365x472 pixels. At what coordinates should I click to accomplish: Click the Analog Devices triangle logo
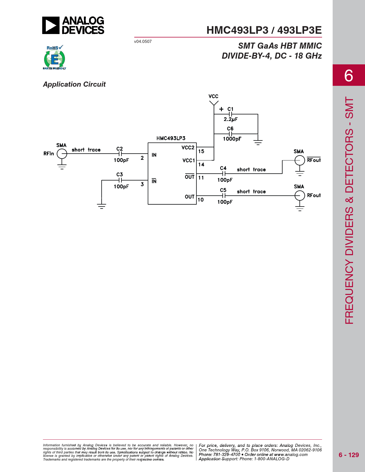coord(51,25)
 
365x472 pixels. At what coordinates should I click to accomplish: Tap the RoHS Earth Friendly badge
coord(55,57)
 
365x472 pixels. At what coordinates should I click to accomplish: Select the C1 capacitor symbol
coord(230,114)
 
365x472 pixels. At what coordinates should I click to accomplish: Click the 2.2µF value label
coord(231,119)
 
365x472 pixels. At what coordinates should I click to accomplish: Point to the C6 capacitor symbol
coord(230,134)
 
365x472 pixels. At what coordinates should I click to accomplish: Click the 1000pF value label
coord(232,139)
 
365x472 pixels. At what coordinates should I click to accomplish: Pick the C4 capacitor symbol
coord(224,174)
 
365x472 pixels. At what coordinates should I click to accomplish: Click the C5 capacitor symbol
coord(224,196)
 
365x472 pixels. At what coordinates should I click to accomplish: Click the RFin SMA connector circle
coord(62,154)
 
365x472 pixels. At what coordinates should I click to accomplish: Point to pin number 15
coord(201,151)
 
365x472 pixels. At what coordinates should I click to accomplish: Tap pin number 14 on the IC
coord(201,165)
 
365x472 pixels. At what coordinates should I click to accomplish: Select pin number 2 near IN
coord(142,158)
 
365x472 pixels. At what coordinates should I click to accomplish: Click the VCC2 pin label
coord(188,148)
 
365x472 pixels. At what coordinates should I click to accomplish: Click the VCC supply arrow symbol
coord(214,103)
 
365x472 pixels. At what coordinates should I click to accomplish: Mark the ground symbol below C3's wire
coord(102,206)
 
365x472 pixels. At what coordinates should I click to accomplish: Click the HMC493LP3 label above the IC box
coord(171,138)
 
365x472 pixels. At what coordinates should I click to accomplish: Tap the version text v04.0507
coord(143,41)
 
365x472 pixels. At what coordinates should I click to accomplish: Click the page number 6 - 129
coord(349,455)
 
